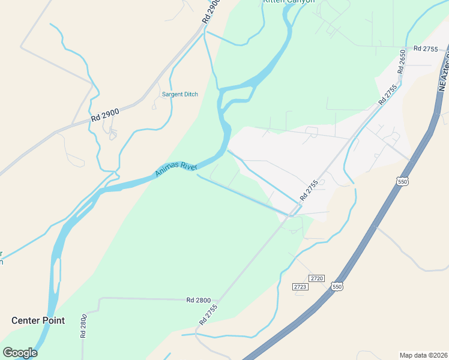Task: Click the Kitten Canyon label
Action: coord(288,2)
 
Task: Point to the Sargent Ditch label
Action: coord(179,94)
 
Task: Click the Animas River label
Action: coord(176,167)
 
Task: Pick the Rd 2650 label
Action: coord(402,62)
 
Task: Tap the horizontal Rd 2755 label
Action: coord(426,48)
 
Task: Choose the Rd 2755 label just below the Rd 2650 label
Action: coord(388,95)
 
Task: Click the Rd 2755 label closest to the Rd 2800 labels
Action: coord(209,315)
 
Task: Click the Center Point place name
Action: coord(38,320)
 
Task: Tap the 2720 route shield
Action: coord(317,278)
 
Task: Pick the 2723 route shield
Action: coord(300,287)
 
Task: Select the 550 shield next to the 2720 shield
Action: coord(338,287)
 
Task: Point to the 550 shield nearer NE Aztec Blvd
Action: coord(403,181)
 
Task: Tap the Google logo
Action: coord(20,353)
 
